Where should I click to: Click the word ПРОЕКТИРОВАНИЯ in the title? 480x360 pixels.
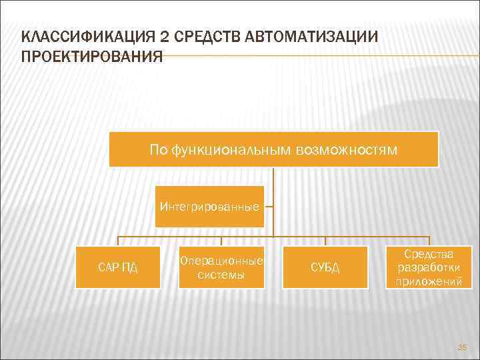click(92, 55)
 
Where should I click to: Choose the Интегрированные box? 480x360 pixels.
click(209, 207)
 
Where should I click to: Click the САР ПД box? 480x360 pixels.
click(117, 267)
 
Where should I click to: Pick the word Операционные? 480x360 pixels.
click(221, 260)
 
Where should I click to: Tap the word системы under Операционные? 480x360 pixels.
click(221, 274)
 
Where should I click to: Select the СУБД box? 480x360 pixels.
click(325, 267)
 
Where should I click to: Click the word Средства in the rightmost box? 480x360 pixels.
click(429, 254)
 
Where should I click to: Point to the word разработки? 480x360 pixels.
click(429, 267)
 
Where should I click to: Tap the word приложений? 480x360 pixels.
click(429, 281)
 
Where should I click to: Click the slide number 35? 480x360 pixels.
click(462, 347)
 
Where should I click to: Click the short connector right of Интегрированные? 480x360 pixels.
click(269, 207)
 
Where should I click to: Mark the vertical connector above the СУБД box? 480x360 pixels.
click(325, 241)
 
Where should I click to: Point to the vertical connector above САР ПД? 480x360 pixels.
click(118, 241)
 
